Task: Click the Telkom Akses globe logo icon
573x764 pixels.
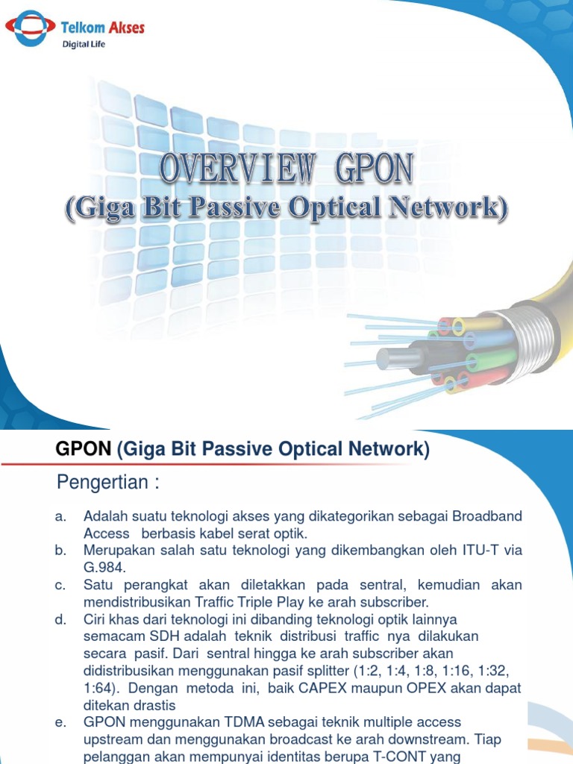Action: pos(30,28)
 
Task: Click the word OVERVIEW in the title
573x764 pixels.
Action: pos(236,170)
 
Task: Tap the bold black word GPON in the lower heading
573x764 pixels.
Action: pos(84,450)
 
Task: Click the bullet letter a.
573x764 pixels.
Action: pos(60,517)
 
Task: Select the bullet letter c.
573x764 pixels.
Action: pos(60,584)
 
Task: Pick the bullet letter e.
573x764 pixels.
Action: pos(60,722)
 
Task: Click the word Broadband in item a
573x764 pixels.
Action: pos(485,517)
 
